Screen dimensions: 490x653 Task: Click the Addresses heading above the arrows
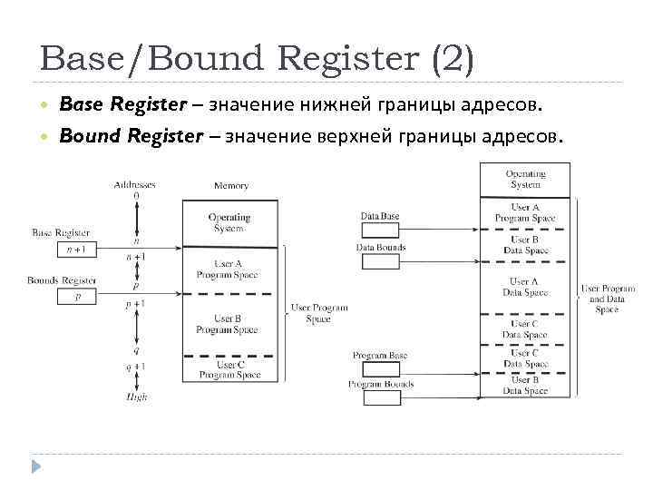135,185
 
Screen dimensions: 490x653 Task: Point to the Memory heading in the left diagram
231,186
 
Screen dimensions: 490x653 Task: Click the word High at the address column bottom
136,397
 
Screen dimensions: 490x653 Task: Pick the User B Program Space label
228,324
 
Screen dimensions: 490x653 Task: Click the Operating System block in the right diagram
525,179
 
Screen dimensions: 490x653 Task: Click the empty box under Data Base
379,230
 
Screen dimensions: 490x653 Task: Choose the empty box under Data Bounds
379,262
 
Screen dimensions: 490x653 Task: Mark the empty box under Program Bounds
379,397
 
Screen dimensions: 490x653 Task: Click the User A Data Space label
525,288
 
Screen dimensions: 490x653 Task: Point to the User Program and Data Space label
607,299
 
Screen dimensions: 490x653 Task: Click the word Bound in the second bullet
83,136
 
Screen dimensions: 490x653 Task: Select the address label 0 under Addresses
136,195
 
